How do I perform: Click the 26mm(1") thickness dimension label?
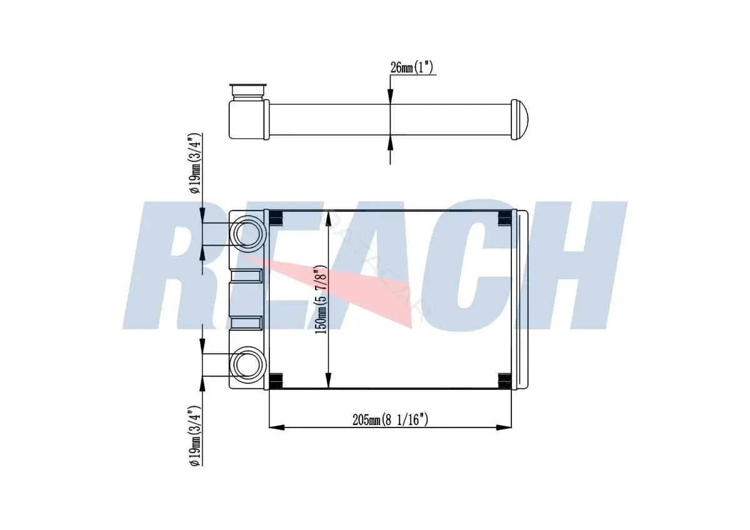(x=411, y=67)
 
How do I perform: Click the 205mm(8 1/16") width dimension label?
(x=390, y=419)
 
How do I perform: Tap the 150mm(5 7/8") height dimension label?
(x=321, y=300)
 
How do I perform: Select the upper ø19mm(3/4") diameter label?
(x=195, y=163)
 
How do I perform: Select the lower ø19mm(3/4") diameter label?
(x=195, y=435)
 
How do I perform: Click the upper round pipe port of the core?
(x=247, y=234)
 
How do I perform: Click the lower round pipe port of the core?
(x=247, y=365)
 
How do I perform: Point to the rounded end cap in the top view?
(x=519, y=119)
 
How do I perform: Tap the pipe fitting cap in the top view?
(x=247, y=91)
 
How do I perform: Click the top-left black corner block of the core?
(x=276, y=218)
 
